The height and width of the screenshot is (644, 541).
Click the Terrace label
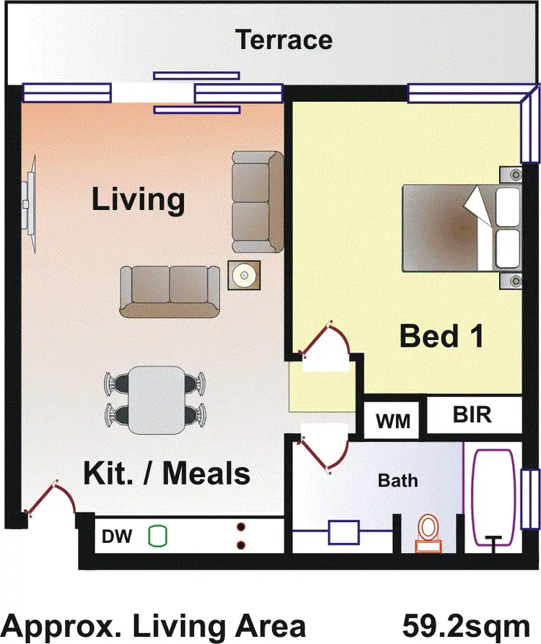click(x=285, y=39)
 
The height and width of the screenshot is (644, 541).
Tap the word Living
click(x=138, y=199)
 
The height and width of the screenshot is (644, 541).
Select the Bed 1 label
click(x=441, y=336)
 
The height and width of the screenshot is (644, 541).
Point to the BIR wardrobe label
click(x=472, y=414)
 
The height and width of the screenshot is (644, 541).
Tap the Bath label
click(x=397, y=479)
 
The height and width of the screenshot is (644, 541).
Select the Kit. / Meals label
click(x=167, y=474)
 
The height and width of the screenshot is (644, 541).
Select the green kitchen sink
click(x=158, y=536)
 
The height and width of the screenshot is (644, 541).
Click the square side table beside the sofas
click(x=245, y=275)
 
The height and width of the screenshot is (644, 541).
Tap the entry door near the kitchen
click(x=52, y=500)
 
